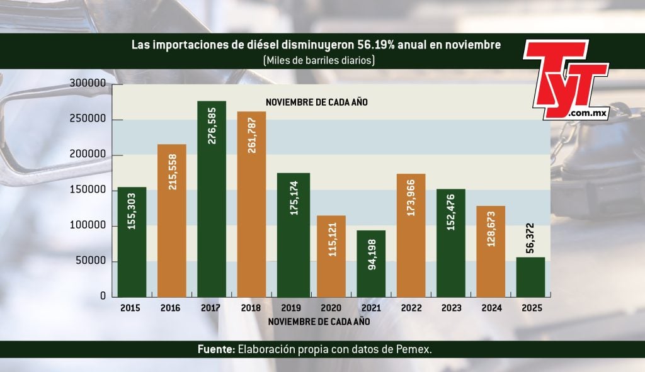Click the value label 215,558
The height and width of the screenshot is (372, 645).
[172, 172]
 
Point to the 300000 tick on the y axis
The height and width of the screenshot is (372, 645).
[87, 84]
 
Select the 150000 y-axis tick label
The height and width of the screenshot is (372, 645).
[87, 190]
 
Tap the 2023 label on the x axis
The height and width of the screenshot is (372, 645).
[452, 308]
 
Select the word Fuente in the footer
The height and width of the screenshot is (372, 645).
[215, 349]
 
